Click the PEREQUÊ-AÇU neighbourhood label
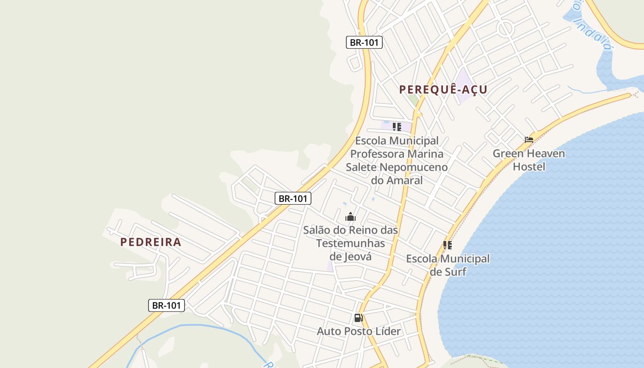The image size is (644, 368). click(443, 89)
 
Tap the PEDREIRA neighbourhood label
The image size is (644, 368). click(151, 242)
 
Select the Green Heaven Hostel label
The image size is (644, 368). click(529, 160)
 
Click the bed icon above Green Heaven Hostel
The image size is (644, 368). click(529, 140)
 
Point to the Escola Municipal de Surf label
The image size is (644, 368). click(448, 265)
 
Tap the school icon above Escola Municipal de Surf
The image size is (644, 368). click(448, 245)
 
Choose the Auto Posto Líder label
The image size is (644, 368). click(359, 331)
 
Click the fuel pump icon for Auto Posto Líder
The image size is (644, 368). click(359, 317)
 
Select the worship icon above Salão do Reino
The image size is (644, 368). click(351, 217)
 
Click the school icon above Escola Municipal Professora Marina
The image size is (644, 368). click(397, 126)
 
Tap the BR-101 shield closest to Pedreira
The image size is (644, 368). click(167, 305)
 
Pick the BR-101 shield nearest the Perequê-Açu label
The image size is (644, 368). click(364, 42)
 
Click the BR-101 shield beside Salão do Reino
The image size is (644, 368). click(293, 198)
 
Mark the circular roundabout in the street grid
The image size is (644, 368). click(506, 29)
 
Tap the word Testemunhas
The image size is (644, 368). click(351, 243)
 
